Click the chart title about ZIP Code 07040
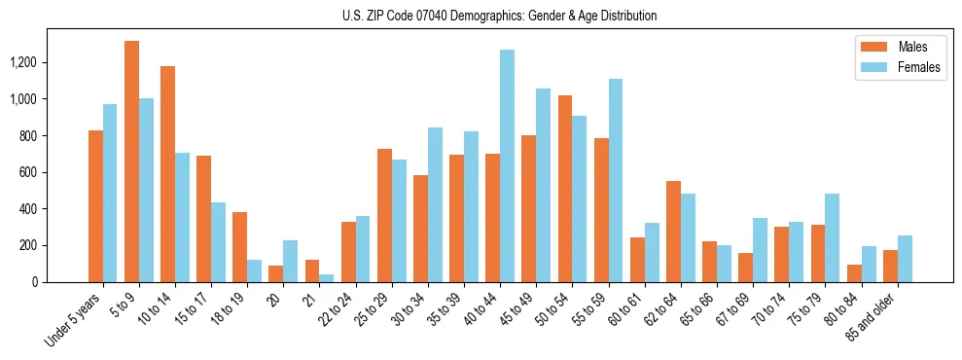(500, 16)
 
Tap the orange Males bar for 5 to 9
(131, 162)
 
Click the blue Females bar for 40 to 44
(508, 165)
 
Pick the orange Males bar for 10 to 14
(168, 174)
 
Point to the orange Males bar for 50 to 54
(565, 189)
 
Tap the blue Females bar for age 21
(327, 278)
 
